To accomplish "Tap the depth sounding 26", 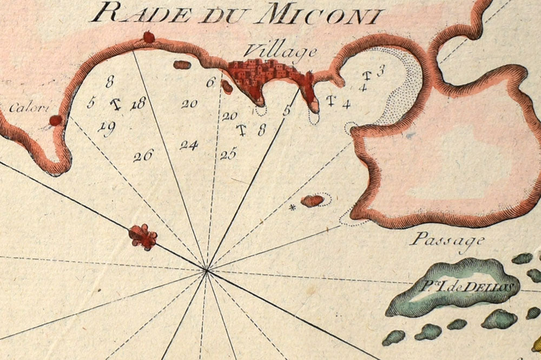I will pyautogui.click(x=143, y=156).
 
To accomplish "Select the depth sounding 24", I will pyautogui.click(x=189, y=145).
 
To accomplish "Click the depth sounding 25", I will pyautogui.click(x=228, y=155).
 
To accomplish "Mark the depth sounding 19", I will pyautogui.click(x=107, y=128).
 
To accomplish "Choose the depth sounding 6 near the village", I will pyautogui.click(x=211, y=83).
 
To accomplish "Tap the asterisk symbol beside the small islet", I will pyautogui.click(x=293, y=207).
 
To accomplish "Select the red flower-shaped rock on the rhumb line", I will pyautogui.click(x=143, y=237).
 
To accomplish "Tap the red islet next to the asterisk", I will pyautogui.click(x=312, y=201).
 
